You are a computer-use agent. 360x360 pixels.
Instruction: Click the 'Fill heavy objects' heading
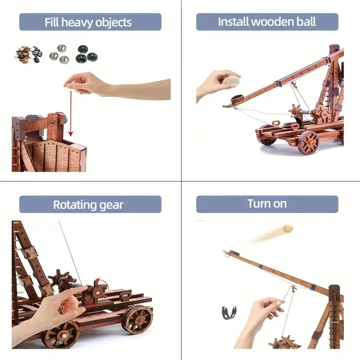(90, 22)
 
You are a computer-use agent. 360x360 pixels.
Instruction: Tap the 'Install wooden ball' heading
(267, 22)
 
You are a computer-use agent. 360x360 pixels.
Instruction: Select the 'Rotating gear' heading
(90, 205)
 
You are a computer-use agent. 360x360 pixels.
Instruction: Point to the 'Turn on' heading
(267, 204)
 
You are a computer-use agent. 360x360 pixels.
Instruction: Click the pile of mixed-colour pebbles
(27, 54)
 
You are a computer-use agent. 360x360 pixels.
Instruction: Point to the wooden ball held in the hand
(233, 81)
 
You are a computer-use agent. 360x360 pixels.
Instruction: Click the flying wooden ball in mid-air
(287, 228)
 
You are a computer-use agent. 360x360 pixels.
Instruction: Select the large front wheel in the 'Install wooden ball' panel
(308, 142)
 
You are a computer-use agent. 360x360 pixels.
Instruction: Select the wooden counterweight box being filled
(54, 155)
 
